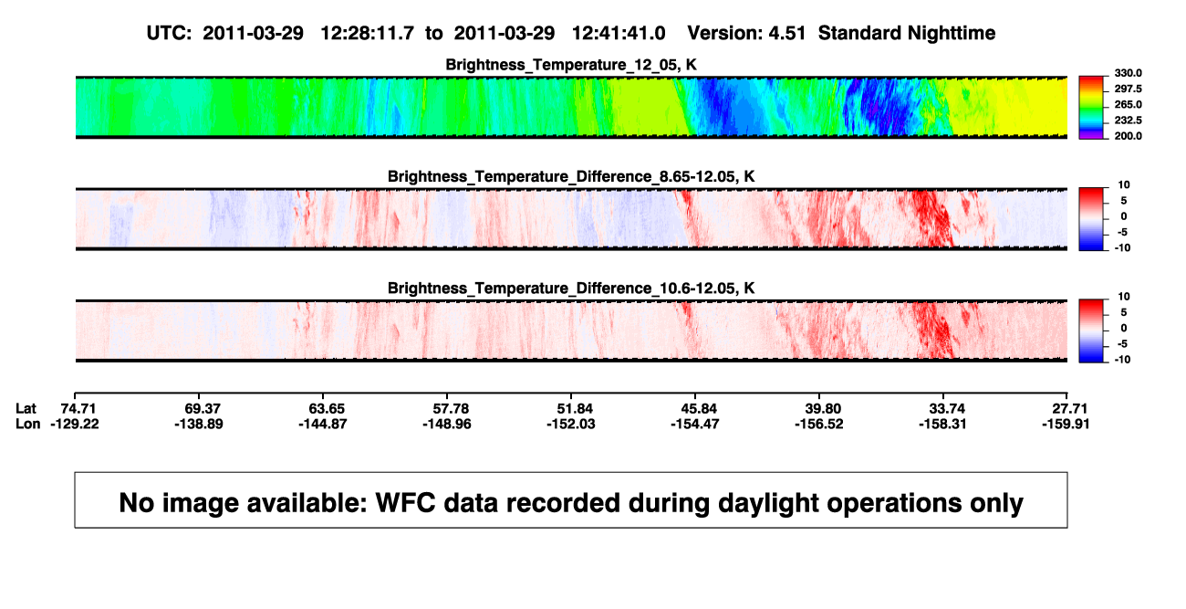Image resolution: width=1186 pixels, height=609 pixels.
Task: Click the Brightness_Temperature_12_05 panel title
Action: [571, 65]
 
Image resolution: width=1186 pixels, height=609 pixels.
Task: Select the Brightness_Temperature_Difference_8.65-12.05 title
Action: [571, 176]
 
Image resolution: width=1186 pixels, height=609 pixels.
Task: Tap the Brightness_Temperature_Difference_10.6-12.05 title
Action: [571, 289]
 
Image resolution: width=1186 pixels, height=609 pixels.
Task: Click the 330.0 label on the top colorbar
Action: [1128, 73]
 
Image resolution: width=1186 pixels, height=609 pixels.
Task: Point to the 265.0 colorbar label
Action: [1128, 104]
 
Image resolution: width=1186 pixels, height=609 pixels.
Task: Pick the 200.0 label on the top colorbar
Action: [1128, 136]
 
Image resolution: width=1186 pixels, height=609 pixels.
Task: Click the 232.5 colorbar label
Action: [1128, 121]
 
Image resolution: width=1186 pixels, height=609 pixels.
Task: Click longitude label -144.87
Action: [322, 424]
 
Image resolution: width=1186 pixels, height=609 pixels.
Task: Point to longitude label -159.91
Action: [1066, 424]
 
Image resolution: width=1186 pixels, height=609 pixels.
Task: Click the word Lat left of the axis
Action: [26, 409]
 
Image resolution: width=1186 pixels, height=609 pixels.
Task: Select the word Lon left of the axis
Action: [27, 424]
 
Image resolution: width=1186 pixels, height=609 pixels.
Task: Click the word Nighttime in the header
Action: [951, 34]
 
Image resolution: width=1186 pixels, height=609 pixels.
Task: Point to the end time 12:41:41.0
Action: [619, 33]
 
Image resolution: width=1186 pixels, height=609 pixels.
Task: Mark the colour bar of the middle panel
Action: [1091, 219]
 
